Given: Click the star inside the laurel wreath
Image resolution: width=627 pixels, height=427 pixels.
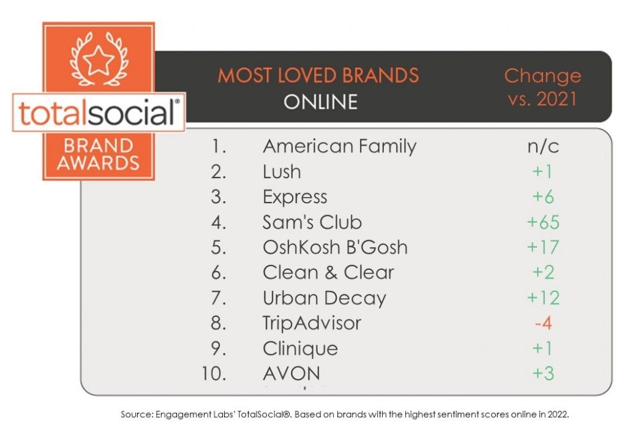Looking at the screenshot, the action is tap(99, 61).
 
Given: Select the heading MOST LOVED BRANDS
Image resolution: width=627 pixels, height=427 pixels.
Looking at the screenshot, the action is tap(318, 75).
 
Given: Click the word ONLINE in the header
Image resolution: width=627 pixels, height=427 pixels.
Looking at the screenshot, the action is tap(320, 102).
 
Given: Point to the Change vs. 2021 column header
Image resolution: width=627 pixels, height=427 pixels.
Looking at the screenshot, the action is tap(543, 87).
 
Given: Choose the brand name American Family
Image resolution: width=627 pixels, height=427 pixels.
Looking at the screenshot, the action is tap(339, 146).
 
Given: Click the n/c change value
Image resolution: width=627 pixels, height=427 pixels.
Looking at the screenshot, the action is tap(543, 146).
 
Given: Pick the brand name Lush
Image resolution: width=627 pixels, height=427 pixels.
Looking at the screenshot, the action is tap(282, 172).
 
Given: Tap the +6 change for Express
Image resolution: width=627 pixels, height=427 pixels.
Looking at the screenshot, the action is tap(543, 197).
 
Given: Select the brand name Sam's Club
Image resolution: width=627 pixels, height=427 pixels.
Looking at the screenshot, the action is tap(312, 222).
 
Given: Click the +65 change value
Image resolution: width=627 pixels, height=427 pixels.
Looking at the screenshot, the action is tap(543, 222).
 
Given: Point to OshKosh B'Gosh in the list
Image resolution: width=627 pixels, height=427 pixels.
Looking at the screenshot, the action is tap(335, 247).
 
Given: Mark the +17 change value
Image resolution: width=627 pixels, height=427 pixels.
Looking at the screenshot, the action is tap(543, 247).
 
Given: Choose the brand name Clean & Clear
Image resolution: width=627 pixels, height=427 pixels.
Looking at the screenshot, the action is tap(328, 272).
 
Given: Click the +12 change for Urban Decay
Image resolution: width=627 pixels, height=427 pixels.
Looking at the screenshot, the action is tap(543, 298).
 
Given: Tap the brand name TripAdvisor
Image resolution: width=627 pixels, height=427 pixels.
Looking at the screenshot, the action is tap(312, 323).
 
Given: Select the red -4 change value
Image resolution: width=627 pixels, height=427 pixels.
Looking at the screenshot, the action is tap(544, 323).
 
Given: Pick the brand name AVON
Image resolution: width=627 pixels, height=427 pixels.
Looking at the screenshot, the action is tap(291, 374).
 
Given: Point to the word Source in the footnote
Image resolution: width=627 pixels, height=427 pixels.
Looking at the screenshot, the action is tap(136, 415).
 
